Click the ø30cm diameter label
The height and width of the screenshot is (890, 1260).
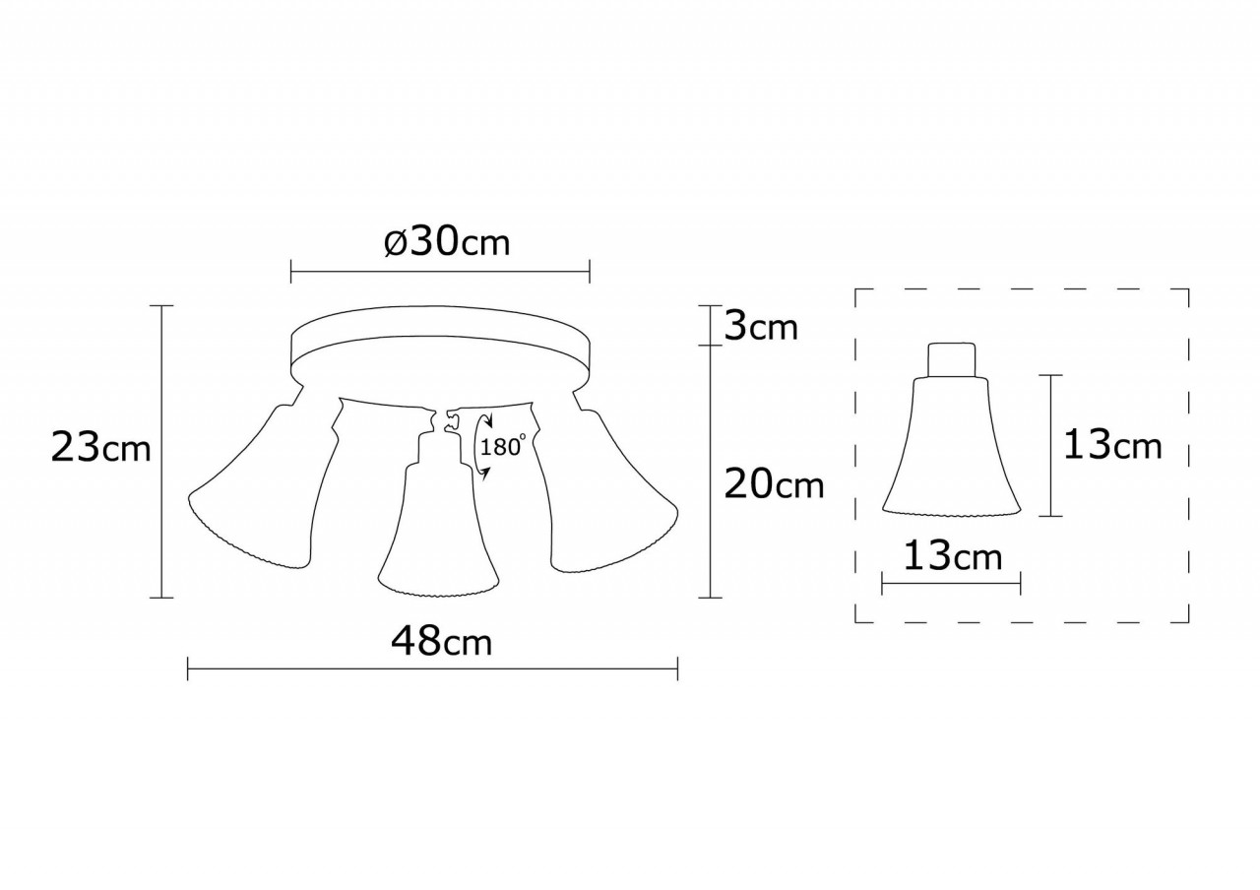[x=448, y=242]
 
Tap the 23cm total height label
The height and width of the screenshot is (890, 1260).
[x=101, y=449]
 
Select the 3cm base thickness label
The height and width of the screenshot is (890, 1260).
[x=761, y=326]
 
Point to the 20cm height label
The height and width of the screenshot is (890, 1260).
[x=774, y=483]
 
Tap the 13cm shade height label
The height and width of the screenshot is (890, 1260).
[x=1111, y=445]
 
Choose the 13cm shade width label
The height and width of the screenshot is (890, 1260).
[x=952, y=557]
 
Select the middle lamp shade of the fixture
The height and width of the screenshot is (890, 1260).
[x=433, y=537]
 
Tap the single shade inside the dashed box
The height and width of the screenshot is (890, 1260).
[x=951, y=458]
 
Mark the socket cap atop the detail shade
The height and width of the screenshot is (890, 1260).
[x=952, y=359]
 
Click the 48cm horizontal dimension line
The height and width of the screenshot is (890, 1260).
[x=433, y=671]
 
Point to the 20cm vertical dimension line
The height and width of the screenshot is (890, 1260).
[x=710, y=512]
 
